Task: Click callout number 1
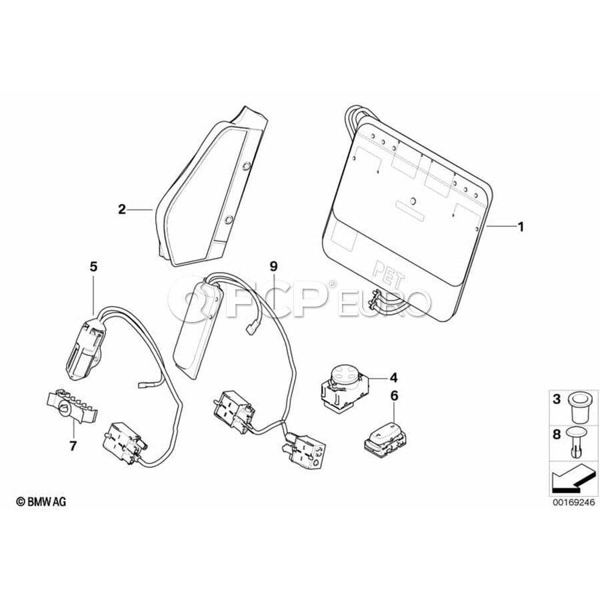pyautogui.click(x=520, y=227)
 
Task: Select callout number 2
pyautogui.click(x=122, y=209)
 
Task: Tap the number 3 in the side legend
pyautogui.click(x=557, y=399)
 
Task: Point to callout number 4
pyautogui.click(x=393, y=378)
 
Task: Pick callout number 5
pyautogui.click(x=94, y=266)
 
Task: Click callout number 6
pyautogui.click(x=395, y=395)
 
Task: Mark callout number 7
pyautogui.click(x=73, y=446)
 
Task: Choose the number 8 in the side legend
pyautogui.click(x=557, y=434)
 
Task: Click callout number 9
pyautogui.click(x=273, y=266)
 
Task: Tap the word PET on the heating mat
pyautogui.click(x=389, y=273)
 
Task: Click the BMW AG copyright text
pyautogui.click(x=41, y=501)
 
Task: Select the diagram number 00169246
pyautogui.click(x=573, y=502)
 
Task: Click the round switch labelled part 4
pyautogui.click(x=343, y=386)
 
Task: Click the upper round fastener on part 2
pyautogui.click(x=247, y=165)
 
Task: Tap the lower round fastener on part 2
pyautogui.click(x=229, y=219)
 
